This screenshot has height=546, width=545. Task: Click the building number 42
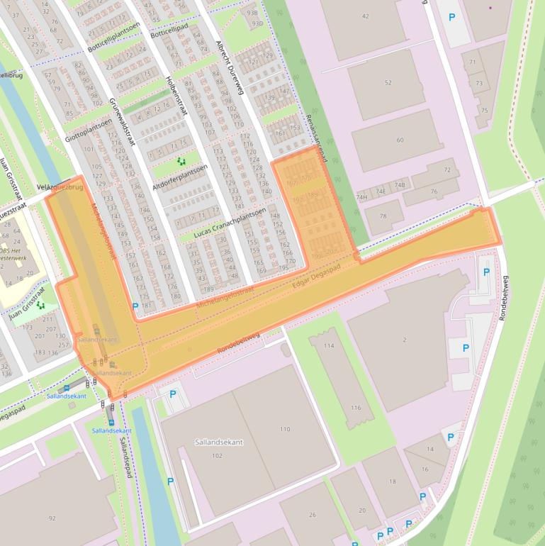365,16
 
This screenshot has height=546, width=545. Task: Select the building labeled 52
388,83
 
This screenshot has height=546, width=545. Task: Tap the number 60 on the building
400,140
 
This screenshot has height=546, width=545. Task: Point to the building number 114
328,345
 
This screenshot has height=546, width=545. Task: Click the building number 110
285,429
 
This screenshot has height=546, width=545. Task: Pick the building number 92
52,518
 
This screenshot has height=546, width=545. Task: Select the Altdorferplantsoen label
179,178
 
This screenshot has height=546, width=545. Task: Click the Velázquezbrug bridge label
60,187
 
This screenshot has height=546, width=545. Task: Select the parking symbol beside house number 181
135,306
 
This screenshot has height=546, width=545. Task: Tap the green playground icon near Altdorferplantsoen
182,161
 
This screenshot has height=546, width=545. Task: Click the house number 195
283,267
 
